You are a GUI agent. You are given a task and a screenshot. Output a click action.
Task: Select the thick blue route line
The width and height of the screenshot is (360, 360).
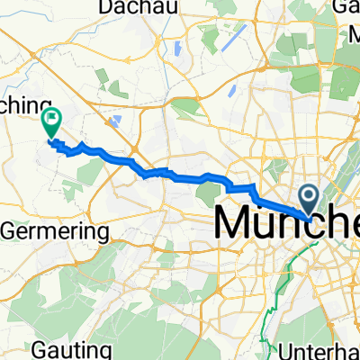180,174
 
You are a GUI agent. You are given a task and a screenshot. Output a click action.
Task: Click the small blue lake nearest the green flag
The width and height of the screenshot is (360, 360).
114,121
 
